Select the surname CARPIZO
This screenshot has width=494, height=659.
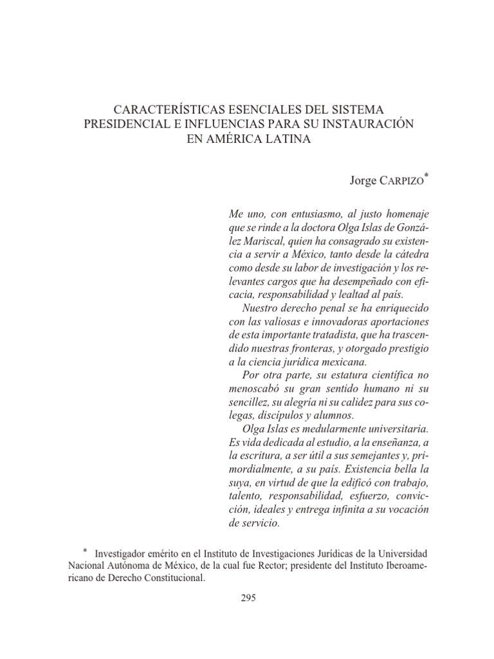tap(403, 181)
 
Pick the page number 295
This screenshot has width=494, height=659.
tap(248, 599)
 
